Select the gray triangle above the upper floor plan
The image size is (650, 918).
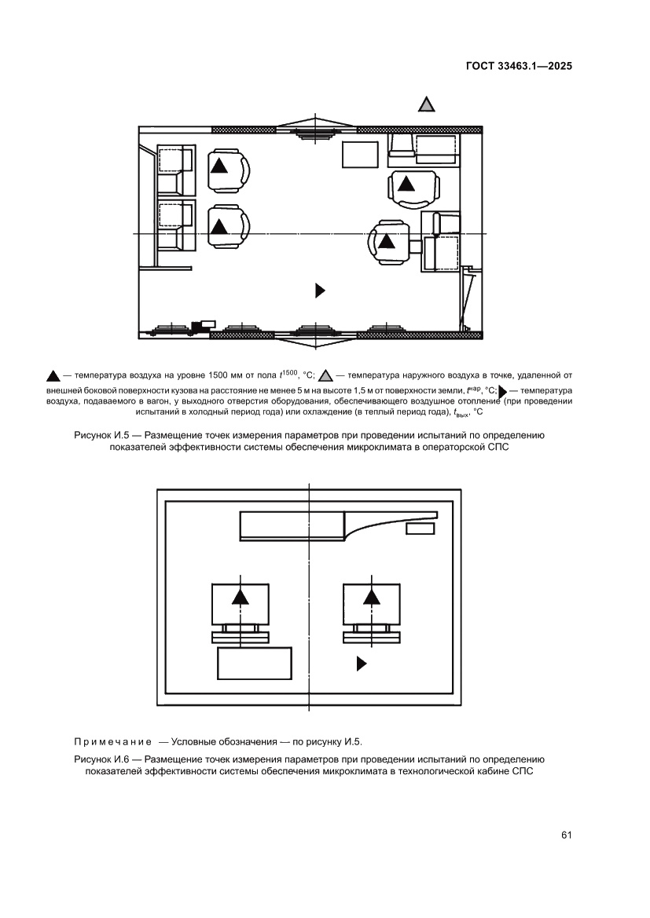426,104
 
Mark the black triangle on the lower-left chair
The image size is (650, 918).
219,227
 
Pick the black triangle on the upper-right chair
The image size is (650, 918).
406,185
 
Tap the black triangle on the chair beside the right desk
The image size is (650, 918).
386,242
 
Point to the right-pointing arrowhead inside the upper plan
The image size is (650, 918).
320,291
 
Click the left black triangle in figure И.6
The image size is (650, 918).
241,598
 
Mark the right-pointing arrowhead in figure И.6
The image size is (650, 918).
362,664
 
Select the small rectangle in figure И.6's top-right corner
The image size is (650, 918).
420,528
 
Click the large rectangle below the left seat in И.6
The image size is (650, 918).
254,664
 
